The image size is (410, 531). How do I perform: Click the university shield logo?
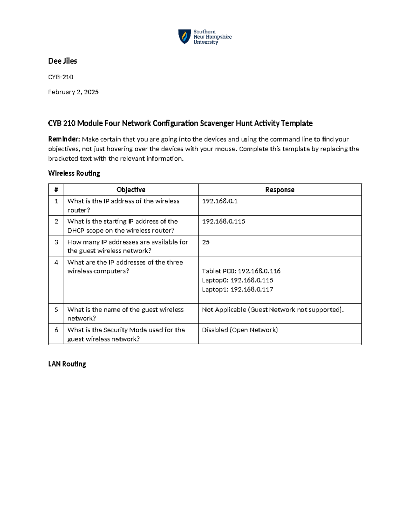[x=184, y=37]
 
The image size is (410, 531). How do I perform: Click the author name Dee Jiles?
[x=63, y=61]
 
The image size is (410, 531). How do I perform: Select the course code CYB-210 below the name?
[x=60, y=77]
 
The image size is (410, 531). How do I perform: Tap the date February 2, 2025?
[x=73, y=92]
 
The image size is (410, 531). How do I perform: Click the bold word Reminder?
[x=64, y=139]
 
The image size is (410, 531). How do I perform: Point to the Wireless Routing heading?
[x=74, y=173]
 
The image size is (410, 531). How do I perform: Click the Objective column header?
[x=131, y=190]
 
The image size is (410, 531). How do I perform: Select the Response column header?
[x=279, y=190]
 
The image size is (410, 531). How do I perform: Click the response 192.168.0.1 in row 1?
[x=220, y=201]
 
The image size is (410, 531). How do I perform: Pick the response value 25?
[x=206, y=242]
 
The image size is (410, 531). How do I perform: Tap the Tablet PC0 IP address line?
[x=241, y=271]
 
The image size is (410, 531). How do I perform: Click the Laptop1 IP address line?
[x=237, y=290]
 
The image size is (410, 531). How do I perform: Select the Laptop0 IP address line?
[x=237, y=280]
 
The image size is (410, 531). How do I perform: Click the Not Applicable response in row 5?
[x=273, y=310]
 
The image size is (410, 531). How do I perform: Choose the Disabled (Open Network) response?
[x=240, y=330]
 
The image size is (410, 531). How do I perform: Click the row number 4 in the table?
[x=56, y=262]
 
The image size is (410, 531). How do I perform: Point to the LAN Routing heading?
[x=67, y=364]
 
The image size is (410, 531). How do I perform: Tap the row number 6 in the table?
[x=56, y=330]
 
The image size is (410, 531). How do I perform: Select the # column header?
[x=56, y=190]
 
